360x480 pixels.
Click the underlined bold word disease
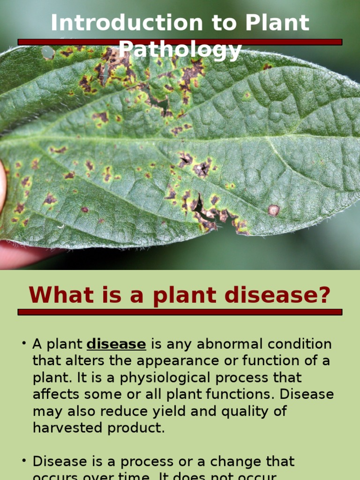pyautogui.click(x=116, y=344)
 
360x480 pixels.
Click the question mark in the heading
pyautogui.click(x=323, y=295)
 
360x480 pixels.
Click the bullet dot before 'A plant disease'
pyautogui.click(x=23, y=344)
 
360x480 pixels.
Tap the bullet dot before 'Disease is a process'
pyautogui.click(x=23, y=461)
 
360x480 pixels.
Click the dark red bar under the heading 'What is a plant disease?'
pyautogui.click(x=180, y=312)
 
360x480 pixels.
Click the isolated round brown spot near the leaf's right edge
pyautogui.click(x=274, y=210)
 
